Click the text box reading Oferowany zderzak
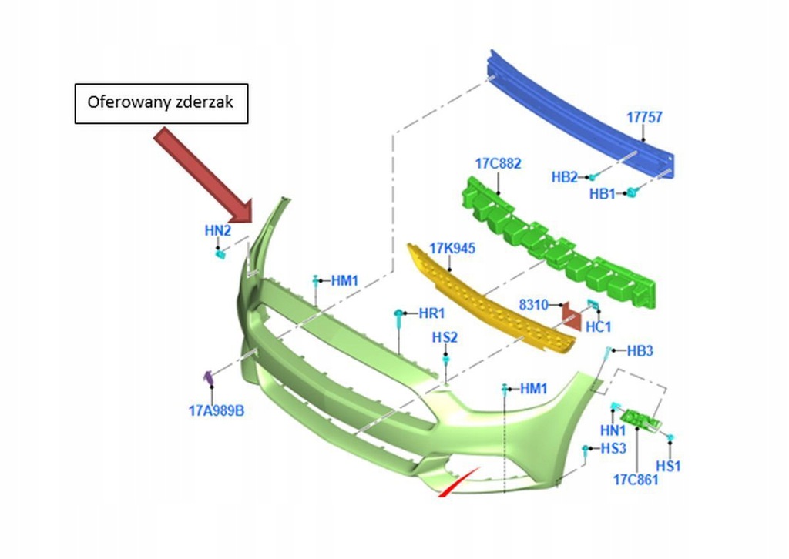point(161,103)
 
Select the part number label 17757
point(643,118)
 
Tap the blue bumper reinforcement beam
point(586,115)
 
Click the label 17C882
point(498,163)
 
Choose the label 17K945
point(452,248)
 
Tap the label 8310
point(532,305)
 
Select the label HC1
point(598,326)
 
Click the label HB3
point(640,351)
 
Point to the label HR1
point(431,313)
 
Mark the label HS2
point(445,337)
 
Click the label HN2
point(217,230)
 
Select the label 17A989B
point(217,411)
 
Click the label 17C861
point(636,480)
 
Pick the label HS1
point(668,466)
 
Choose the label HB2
point(564,176)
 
